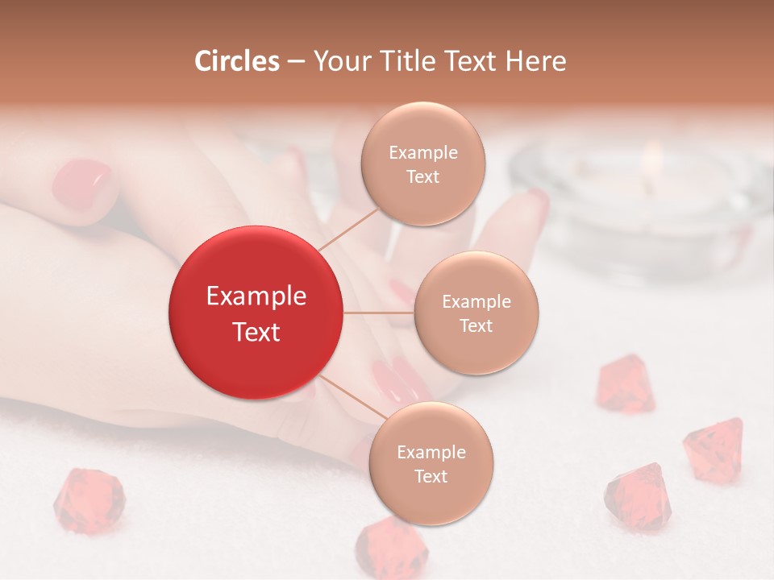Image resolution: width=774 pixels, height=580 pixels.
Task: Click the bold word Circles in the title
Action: [x=236, y=61]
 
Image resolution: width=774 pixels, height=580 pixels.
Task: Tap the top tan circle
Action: [x=422, y=164]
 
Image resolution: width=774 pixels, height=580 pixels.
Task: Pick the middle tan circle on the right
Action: [x=476, y=313]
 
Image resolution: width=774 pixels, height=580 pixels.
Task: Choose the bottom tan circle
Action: [x=431, y=463]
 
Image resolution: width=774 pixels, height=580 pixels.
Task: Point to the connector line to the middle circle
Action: [x=379, y=313]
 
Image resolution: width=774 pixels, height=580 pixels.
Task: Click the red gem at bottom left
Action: [x=89, y=501]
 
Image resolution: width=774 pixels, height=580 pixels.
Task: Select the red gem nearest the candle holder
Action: [x=625, y=384]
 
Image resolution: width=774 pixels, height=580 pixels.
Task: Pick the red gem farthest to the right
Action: [x=714, y=449]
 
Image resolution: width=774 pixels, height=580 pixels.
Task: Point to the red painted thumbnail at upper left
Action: [x=82, y=183]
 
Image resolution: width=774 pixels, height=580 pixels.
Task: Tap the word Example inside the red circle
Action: [x=256, y=296]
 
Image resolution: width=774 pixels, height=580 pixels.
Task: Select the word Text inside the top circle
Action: [x=422, y=176]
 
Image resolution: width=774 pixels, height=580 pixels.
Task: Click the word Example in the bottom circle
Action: [x=431, y=452]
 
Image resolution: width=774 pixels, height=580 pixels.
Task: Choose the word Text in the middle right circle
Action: [x=476, y=325]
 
